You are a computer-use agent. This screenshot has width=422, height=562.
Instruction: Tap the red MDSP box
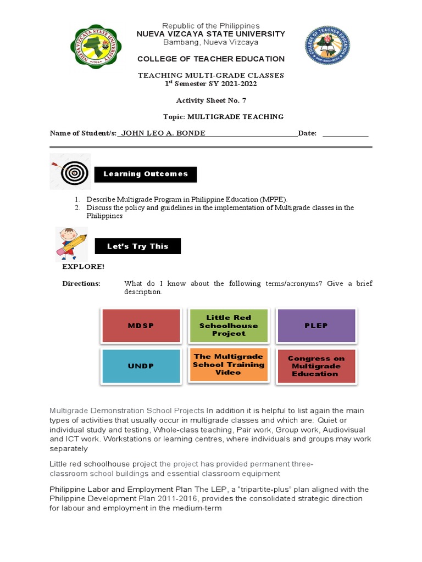[141, 325]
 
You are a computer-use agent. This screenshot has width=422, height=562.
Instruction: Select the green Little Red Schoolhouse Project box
[229, 325]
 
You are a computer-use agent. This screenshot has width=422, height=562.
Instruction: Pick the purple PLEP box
[316, 325]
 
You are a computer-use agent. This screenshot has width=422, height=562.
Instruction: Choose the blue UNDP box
[141, 366]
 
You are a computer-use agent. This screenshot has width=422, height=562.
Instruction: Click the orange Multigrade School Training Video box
[229, 364]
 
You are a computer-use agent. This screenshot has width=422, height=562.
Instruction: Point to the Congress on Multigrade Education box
[316, 366]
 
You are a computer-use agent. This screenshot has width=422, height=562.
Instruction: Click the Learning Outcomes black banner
[146, 174]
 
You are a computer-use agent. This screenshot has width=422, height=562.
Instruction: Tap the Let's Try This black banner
[137, 246]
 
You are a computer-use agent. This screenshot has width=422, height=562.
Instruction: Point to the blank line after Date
[345, 134]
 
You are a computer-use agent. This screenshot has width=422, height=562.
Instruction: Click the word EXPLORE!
[83, 267]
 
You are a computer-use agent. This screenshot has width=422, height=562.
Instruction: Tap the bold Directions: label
[81, 284]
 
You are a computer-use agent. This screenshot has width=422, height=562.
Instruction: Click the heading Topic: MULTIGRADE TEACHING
[223, 117]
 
